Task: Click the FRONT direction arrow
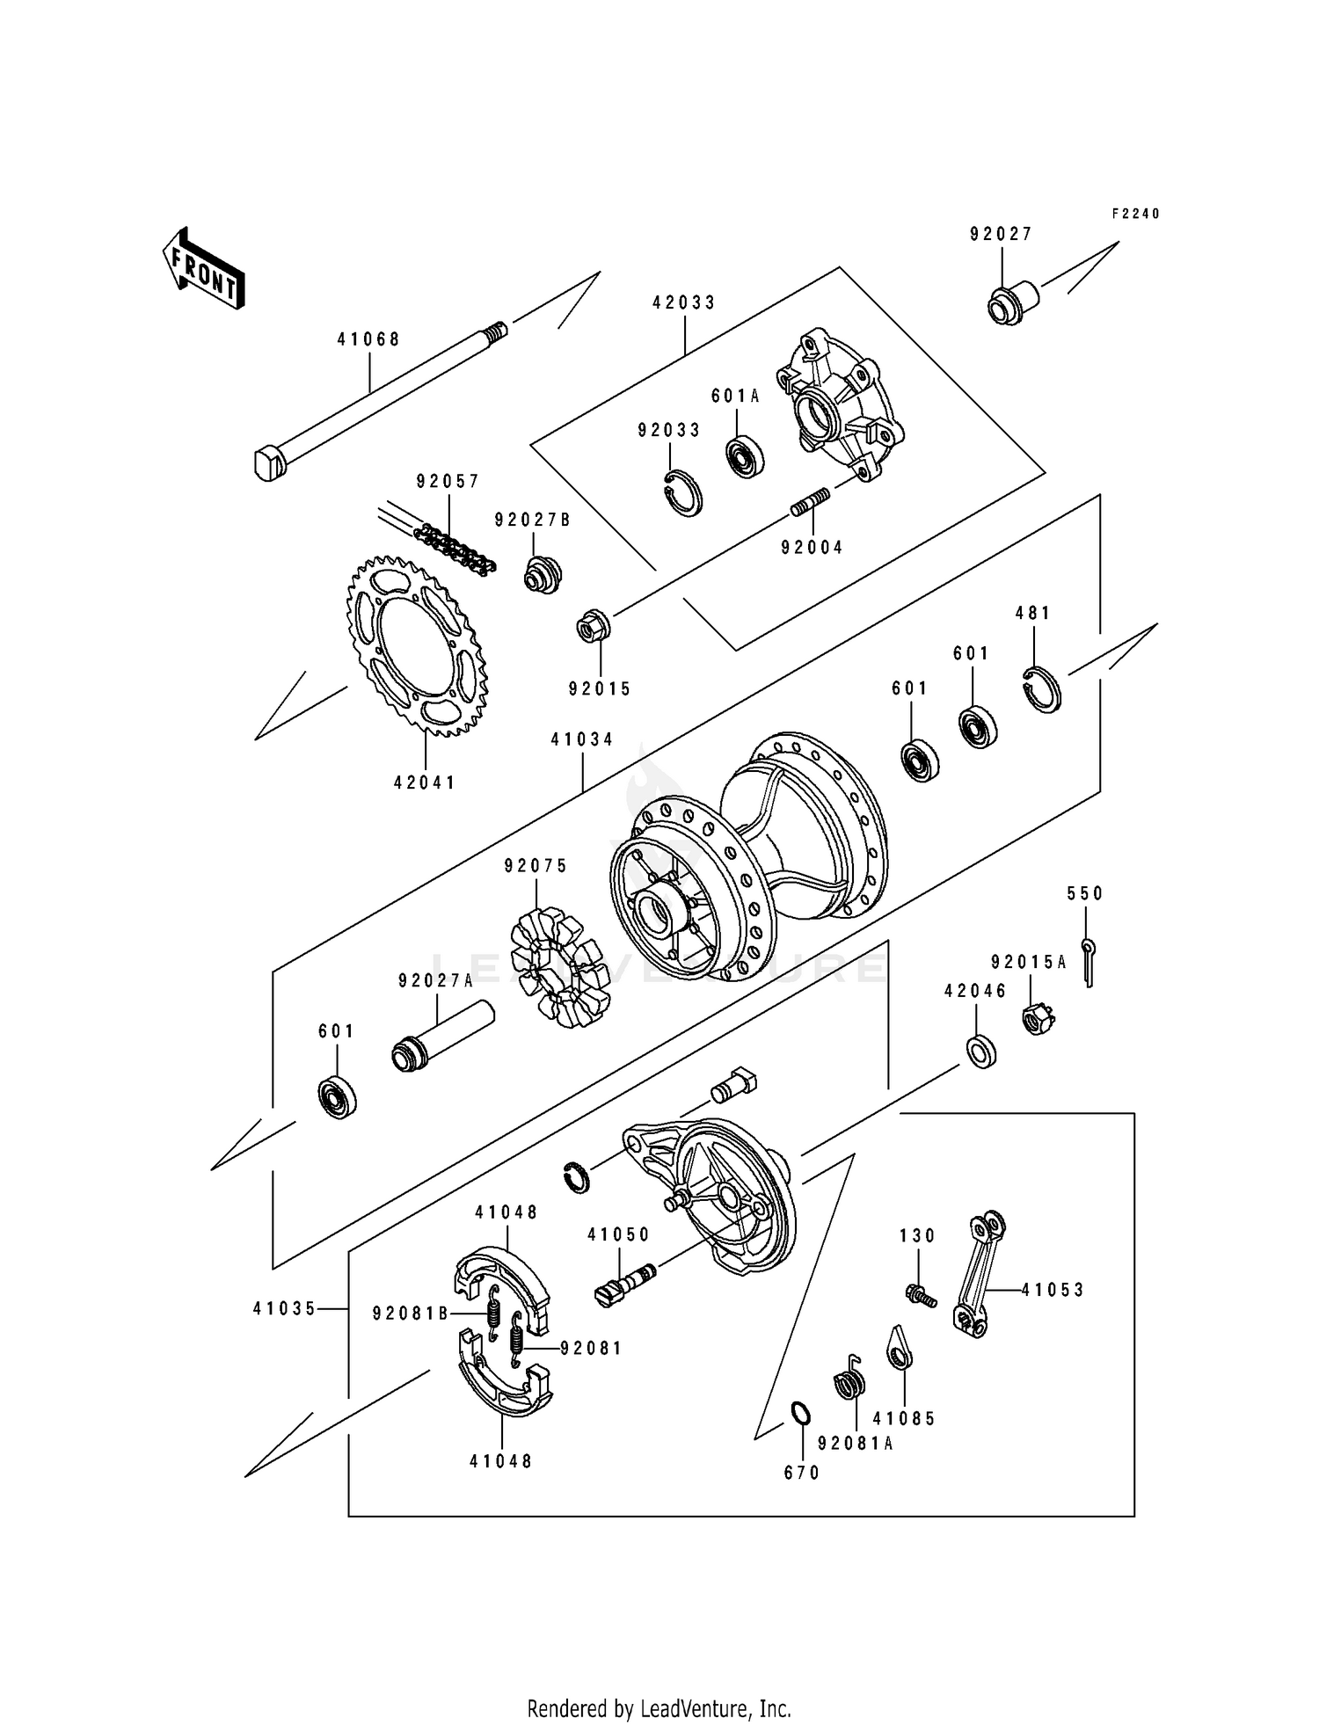coord(202,267)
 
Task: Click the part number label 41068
coord(368,339)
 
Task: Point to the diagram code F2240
coord(1135,214)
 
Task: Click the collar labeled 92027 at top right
coord(1010,304)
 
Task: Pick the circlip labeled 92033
coord(682,492)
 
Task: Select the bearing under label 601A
coord(745,455)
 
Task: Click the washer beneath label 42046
coord(981,1052)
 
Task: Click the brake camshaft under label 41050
coord(623,1284)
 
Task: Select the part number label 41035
coord(283,1308)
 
